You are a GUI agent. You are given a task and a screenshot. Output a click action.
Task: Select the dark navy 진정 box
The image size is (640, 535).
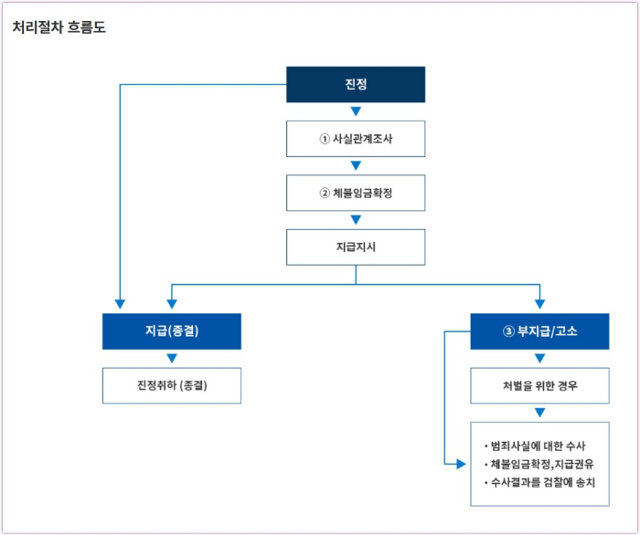pyautogui.click(x=356, y=84)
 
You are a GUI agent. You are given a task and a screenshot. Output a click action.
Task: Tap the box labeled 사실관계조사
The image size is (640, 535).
pyautogui.click(x=356, y=139)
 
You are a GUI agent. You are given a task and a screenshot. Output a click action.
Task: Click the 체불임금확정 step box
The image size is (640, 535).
pyautogui.click(x=356, y=193)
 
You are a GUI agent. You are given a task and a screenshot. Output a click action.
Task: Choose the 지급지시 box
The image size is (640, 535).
pyautogui.click(x=356, y=247)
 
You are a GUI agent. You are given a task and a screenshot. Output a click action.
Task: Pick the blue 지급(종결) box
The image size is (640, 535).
pyautogui.click(x=172, y=331)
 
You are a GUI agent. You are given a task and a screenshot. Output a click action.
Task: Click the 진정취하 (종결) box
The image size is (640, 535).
pyautogui.click(x=172, y=385)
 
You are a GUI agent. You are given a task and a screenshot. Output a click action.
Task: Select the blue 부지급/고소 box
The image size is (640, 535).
pyautogui.click(x=539, y=331)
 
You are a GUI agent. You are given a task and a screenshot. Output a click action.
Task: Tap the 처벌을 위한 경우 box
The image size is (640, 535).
pyautogui.click(x=539, y=385)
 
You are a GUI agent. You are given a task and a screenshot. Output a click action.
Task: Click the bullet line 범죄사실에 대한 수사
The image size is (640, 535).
pyautogui.click(x=539, y=446)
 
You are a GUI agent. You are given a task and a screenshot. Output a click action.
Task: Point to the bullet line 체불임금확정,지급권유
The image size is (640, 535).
pyautogui.click(x=539, y=464)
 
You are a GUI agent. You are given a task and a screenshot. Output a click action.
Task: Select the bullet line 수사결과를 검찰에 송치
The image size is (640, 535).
pyautogui.click(x=539, y=481)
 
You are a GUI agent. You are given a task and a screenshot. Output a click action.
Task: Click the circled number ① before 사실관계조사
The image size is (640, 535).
pyautogui.click(x=324, y=139)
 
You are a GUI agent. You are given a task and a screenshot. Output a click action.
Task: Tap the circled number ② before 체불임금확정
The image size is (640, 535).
pyautogui.click(x=324, y=193)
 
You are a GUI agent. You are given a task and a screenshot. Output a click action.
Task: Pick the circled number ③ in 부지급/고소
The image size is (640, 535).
pyautogui.click(x=508, y=331)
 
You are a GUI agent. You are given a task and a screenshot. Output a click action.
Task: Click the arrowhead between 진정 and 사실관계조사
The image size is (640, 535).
pyautogui.click(x=356, y=111)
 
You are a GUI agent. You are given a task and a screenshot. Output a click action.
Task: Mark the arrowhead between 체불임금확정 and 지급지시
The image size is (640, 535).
pyautogui.click(x=356, y=220)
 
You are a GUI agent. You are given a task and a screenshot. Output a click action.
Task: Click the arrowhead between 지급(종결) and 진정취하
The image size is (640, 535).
pyautogui.click(x=172, y=359)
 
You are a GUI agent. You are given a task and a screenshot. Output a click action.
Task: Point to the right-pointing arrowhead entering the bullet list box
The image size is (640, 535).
pyautogui.click(x=462, y=464)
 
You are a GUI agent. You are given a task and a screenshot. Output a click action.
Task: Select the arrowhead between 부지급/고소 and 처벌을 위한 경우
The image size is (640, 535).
pyautogui.click(x=539, y=359)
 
